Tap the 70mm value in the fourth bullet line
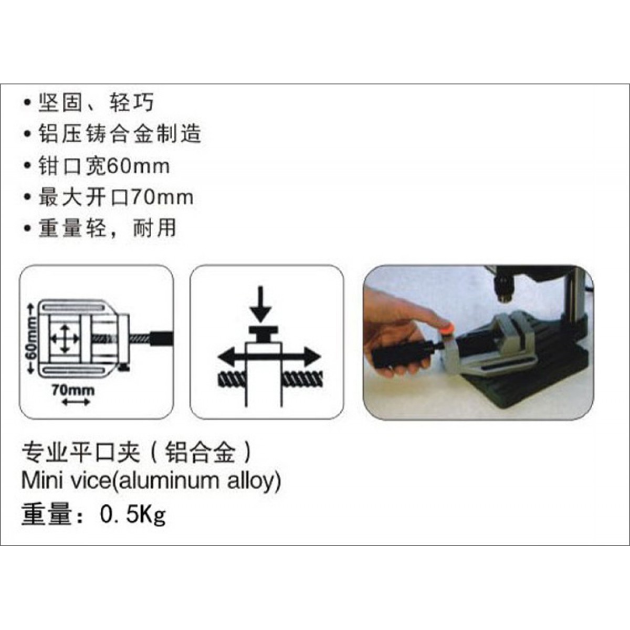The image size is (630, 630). (162, 197)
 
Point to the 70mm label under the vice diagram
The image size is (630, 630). (73, 390)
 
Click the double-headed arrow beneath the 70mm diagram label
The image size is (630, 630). (76, 403)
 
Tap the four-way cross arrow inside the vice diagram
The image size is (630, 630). (65, 339)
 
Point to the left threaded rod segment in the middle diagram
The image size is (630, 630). (231, 380)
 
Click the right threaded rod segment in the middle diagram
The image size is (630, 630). (302, 380)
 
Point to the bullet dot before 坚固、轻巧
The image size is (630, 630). (27, 103)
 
